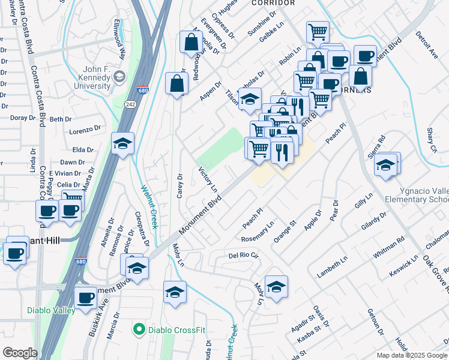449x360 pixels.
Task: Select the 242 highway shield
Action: pos(130,104)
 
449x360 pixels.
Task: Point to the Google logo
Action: pos(20,353)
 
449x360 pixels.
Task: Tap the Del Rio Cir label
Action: pos(243,256)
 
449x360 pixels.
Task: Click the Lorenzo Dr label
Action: pos(85,130)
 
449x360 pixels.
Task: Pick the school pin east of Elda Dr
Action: pos(122,144)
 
